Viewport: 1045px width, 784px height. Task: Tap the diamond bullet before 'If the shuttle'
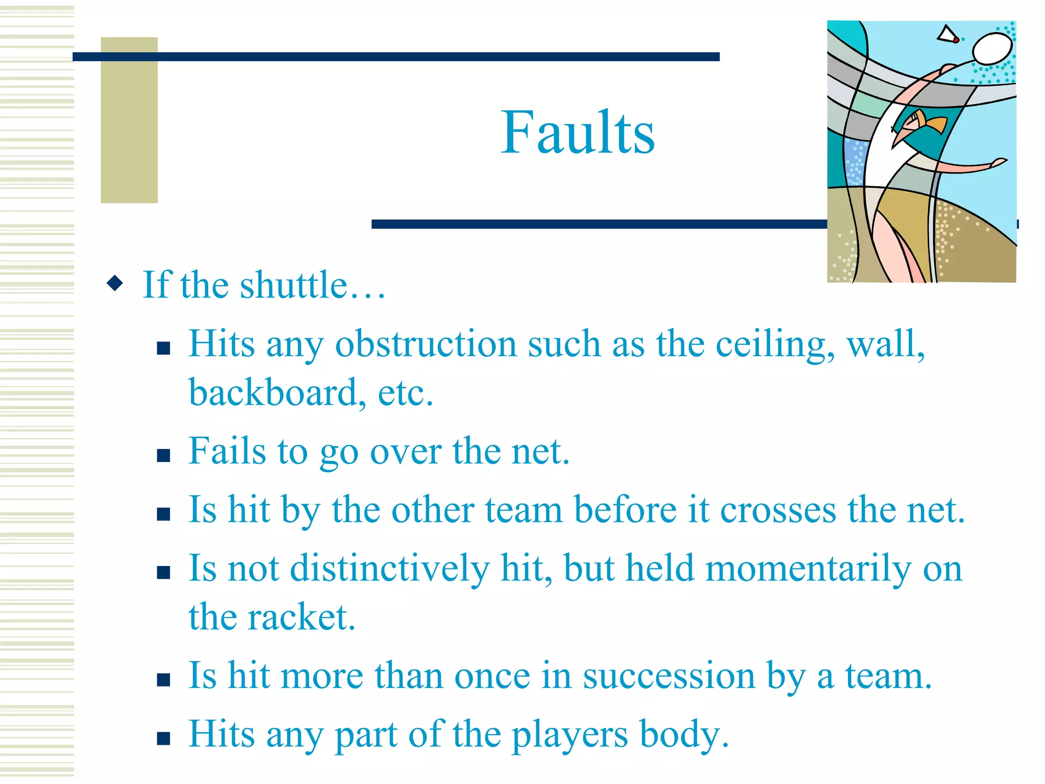click(x=115, y=283)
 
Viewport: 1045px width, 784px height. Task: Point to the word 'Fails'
click(x=227, y=452)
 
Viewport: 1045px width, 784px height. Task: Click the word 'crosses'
click(x=778, y=510)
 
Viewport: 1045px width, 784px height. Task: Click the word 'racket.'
click(x=301, y=618)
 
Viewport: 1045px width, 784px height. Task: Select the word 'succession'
click(x=668, y=676)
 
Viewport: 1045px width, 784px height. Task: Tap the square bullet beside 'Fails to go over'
click(x=163, y=455)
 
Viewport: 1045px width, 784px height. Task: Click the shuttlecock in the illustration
click(x=948, y=35)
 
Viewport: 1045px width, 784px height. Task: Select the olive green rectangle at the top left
click(x=129, y=120)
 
